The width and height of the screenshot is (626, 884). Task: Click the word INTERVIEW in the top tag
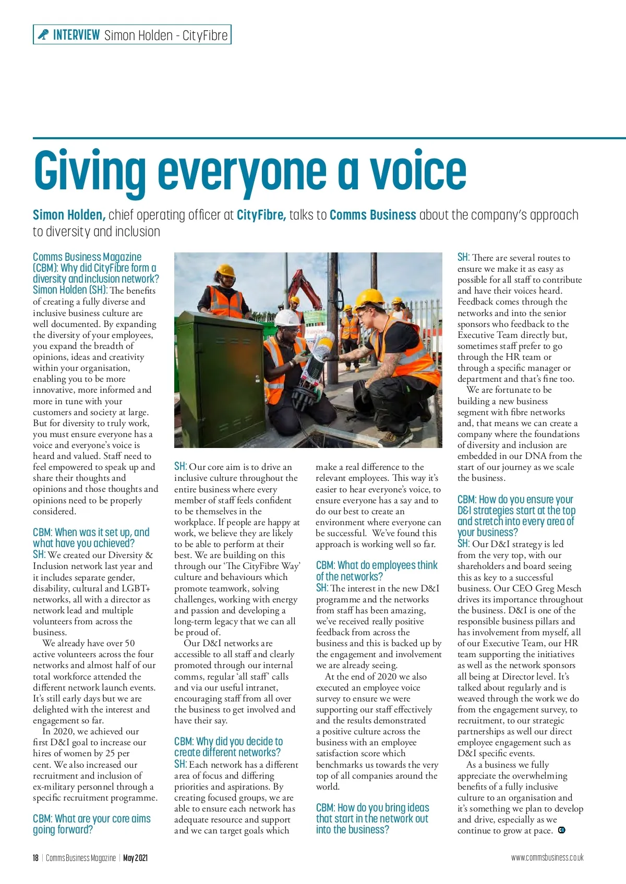click(76, 35)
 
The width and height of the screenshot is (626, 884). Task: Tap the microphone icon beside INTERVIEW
click(43, 35)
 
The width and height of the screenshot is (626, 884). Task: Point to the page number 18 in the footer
click(35, 858)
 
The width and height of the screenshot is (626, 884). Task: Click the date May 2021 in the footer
click(136, 858)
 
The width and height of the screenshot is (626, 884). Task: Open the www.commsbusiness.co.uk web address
click(547, 858)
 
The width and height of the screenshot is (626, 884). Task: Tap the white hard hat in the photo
click(286, 318)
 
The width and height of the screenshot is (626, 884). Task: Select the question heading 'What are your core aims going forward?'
click(92, 824)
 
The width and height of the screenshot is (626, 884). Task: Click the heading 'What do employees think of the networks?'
click(377, 571)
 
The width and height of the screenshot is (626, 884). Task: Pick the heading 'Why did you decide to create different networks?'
click(228, 747)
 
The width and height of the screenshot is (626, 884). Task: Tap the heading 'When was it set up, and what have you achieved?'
click(91, 537)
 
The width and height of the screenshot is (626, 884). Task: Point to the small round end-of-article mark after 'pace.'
click(562, 830)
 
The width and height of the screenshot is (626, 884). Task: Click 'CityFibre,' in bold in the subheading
click(261, 215)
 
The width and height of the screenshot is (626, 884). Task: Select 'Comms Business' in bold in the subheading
click(373, 215)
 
